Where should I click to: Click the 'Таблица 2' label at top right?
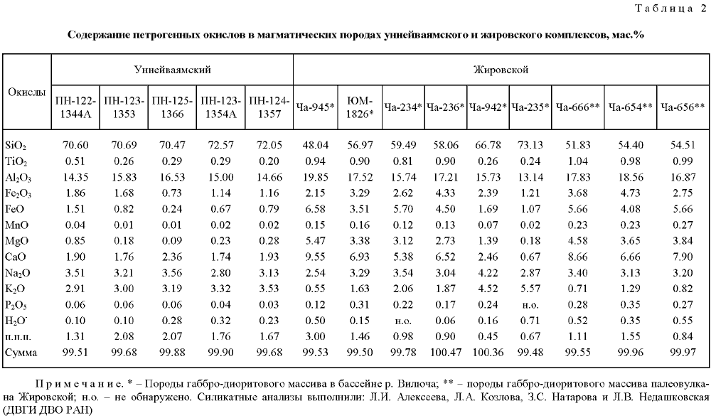point(670,9)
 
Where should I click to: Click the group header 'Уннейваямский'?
point(172,70)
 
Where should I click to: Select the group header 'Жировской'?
point(501,70)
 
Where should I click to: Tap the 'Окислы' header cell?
point(27,92)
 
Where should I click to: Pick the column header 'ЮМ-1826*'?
point(360,107)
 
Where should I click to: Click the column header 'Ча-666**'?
point(577,107)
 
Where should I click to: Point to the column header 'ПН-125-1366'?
point(172,107)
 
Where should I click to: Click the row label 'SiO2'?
point(16,146)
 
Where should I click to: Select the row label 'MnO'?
point(17,225)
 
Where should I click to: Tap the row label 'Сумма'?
point(21,353)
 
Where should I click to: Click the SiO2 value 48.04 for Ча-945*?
point(315,145)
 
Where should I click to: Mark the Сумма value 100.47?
point(446,353)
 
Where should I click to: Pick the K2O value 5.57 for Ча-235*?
point(530,289)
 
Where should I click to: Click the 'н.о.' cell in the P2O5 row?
point(530,306)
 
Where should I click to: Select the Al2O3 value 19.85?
point(315,177)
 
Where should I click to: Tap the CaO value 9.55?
point(315,257)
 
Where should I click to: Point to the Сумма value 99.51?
point(75,353)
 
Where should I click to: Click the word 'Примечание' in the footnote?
point(80,384)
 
